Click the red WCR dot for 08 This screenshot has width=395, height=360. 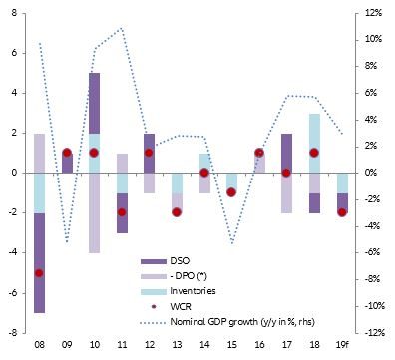pos(40,272)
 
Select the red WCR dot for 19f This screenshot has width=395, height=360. pos(341,212)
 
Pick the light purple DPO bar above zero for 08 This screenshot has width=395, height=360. pos(40,153)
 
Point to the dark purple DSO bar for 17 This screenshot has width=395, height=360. pos(286,153)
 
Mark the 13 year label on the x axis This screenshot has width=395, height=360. pos(177,346)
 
